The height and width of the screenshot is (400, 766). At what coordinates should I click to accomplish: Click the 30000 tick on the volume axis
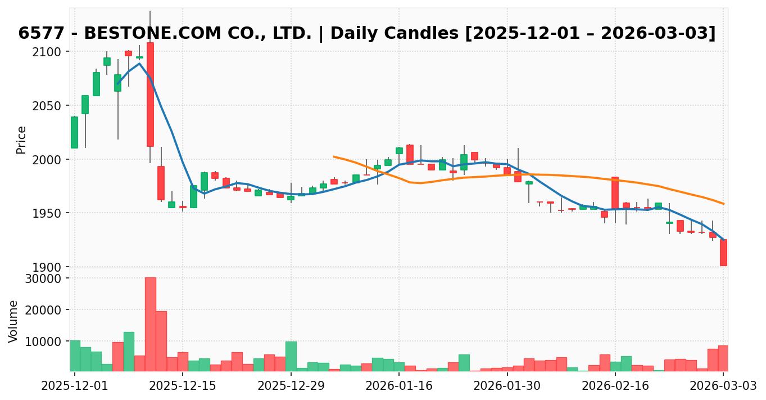click(x=46, y=278)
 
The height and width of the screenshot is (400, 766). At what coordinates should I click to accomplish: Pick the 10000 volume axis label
click(x=46, y=341)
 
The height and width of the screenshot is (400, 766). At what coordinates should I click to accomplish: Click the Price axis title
click(x=21, y=140)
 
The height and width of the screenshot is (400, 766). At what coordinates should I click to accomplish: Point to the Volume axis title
click(x=13, y=321)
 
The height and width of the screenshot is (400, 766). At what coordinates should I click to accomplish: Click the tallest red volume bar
click(x=150, y=324)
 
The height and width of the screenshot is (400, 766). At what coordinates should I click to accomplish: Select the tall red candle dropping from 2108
click(x=150, y=94)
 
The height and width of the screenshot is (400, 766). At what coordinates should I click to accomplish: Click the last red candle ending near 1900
click(x=723, y=253)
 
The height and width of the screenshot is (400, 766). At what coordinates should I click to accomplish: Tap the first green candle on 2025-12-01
click(x=74, y=132)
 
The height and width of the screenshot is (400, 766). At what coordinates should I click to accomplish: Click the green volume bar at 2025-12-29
click(x=291, y=356)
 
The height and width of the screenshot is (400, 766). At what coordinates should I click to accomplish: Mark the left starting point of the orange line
click(x=334, y=156)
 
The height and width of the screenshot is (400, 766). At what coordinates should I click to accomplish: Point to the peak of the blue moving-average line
click(x=139, y=64)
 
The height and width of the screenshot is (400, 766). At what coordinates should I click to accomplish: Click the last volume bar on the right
click(x=723, y=358)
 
